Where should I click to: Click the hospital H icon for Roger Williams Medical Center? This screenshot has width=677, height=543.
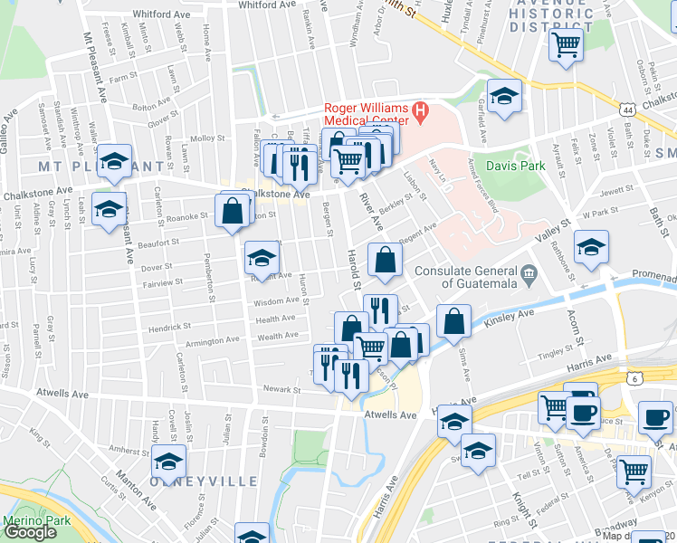(420, 114)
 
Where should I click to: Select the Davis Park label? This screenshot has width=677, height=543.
(515, 167)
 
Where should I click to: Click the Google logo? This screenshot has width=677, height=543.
(30, 531)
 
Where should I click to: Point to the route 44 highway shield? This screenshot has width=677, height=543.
(627, 110)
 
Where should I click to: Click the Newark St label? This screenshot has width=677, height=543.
(281, 390)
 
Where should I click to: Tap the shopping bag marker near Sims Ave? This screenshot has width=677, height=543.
(453, 320)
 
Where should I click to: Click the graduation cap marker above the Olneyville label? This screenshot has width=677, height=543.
(168, 461)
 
